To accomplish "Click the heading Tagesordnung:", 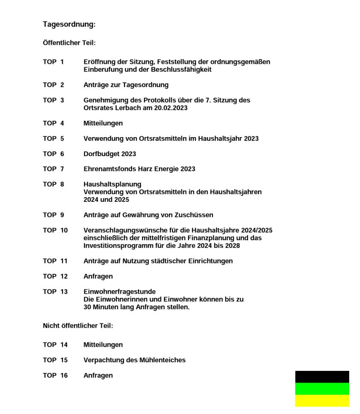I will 69,25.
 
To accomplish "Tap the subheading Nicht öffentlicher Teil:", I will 78,326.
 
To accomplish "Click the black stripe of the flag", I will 322,376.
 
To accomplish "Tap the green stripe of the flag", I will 322,389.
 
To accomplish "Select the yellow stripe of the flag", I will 322,401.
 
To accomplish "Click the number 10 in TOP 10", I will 64,230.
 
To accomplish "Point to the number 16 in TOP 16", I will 64,376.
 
